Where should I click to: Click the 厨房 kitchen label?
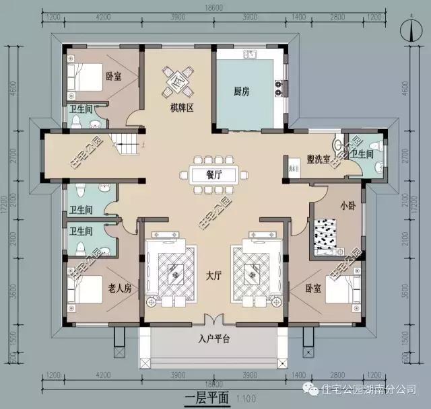241,92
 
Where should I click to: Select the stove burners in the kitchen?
277,85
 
